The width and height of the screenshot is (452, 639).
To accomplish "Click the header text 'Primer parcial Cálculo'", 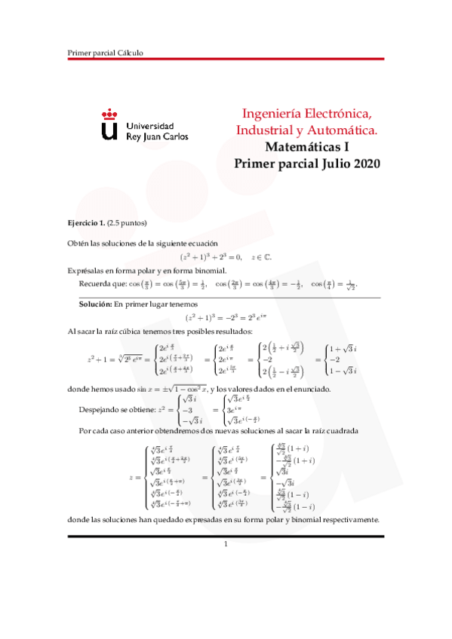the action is [105, 53].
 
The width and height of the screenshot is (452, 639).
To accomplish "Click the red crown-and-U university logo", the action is [109, 125].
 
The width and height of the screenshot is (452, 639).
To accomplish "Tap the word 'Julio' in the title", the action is [327, 164].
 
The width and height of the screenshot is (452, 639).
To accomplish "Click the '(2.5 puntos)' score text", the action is [127, 223].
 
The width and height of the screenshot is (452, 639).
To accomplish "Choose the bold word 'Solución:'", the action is [96, 304].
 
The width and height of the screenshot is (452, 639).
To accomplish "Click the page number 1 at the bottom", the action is [225, 544].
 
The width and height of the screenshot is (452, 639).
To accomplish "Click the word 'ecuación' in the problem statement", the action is [203, 243].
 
